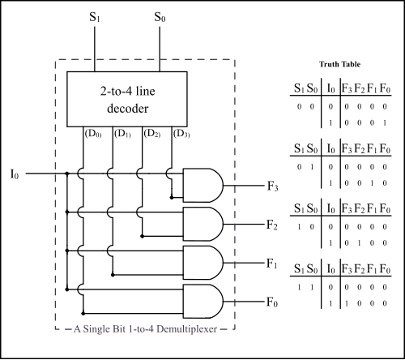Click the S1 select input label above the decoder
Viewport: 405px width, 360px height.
(95, 17)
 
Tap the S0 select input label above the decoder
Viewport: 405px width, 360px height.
(160, 17)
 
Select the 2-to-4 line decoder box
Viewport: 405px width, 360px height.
(127, 99)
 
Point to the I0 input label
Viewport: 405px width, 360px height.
(15, 174)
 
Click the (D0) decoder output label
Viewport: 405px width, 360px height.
(93, 134)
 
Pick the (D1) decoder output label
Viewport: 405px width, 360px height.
(122, 134)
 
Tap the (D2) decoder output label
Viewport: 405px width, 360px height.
(152, 134)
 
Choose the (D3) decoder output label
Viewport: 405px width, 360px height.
(181, 134)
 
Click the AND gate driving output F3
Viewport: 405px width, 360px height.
(203, 186)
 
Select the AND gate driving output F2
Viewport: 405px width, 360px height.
(203, 224)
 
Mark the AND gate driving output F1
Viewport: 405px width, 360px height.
(203, 263)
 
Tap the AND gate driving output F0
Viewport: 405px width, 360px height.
(203, 302)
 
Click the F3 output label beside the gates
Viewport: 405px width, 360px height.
(272, 186)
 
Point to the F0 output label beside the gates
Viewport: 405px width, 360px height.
(272, 302)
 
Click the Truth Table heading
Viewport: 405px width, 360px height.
(339, 64)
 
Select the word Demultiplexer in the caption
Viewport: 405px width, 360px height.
(187, 329)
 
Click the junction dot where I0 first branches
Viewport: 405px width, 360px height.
(67, 174)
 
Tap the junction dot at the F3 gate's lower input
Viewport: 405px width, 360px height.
(172, 198)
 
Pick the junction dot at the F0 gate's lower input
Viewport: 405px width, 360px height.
(83, 314)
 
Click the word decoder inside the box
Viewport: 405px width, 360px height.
(128, 109)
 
